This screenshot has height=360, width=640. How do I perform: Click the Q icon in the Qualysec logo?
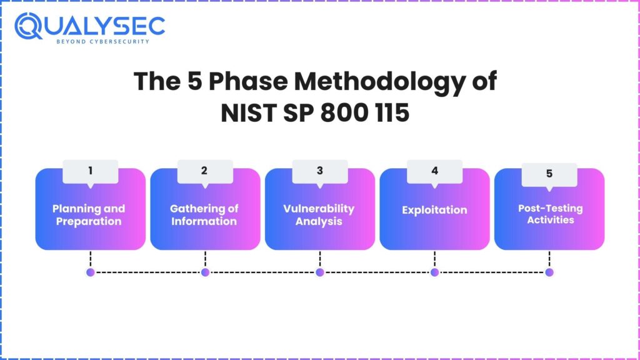28,26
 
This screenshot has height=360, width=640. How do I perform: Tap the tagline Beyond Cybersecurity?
103,42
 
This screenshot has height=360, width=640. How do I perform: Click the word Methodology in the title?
380,82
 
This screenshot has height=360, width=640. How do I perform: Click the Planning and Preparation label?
89,215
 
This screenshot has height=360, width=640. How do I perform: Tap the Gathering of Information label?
204,215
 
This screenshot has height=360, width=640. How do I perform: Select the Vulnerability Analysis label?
319,215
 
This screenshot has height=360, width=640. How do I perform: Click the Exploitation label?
434,210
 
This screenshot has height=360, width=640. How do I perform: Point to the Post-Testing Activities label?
550,214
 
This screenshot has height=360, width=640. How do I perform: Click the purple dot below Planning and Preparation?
91,272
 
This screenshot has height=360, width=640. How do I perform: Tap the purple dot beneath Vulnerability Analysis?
320,272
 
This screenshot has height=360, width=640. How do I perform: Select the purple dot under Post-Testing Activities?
549,272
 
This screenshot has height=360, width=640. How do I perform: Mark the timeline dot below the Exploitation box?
435,272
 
